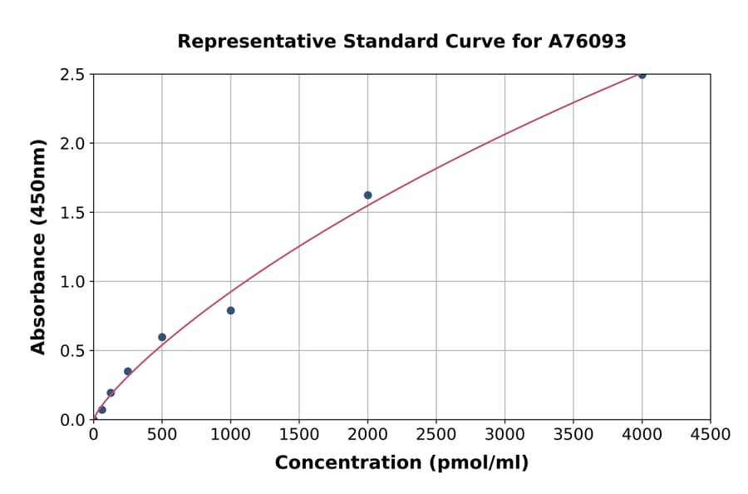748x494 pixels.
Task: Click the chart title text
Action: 401,42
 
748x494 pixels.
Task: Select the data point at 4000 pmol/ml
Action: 642,75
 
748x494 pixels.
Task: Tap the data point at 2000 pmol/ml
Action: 367,195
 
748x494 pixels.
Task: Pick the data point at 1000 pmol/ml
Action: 230,310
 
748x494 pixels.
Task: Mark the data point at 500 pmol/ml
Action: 162,337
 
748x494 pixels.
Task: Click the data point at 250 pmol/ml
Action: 127,372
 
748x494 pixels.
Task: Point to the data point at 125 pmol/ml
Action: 111,393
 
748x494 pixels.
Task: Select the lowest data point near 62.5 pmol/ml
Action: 102,410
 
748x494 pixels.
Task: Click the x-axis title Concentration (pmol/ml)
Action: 401,463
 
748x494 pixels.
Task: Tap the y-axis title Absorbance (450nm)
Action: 38,246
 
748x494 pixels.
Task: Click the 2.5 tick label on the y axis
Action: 72,75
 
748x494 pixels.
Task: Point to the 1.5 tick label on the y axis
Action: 72,213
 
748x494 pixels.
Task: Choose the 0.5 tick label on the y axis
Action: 72,351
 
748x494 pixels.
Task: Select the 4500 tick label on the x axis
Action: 710,435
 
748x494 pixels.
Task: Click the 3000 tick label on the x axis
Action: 504,435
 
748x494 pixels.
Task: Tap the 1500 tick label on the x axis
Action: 299,435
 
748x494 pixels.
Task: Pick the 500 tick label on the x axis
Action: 162,435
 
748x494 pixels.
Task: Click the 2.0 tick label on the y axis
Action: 72,144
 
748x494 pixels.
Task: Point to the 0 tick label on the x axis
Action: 93,435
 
